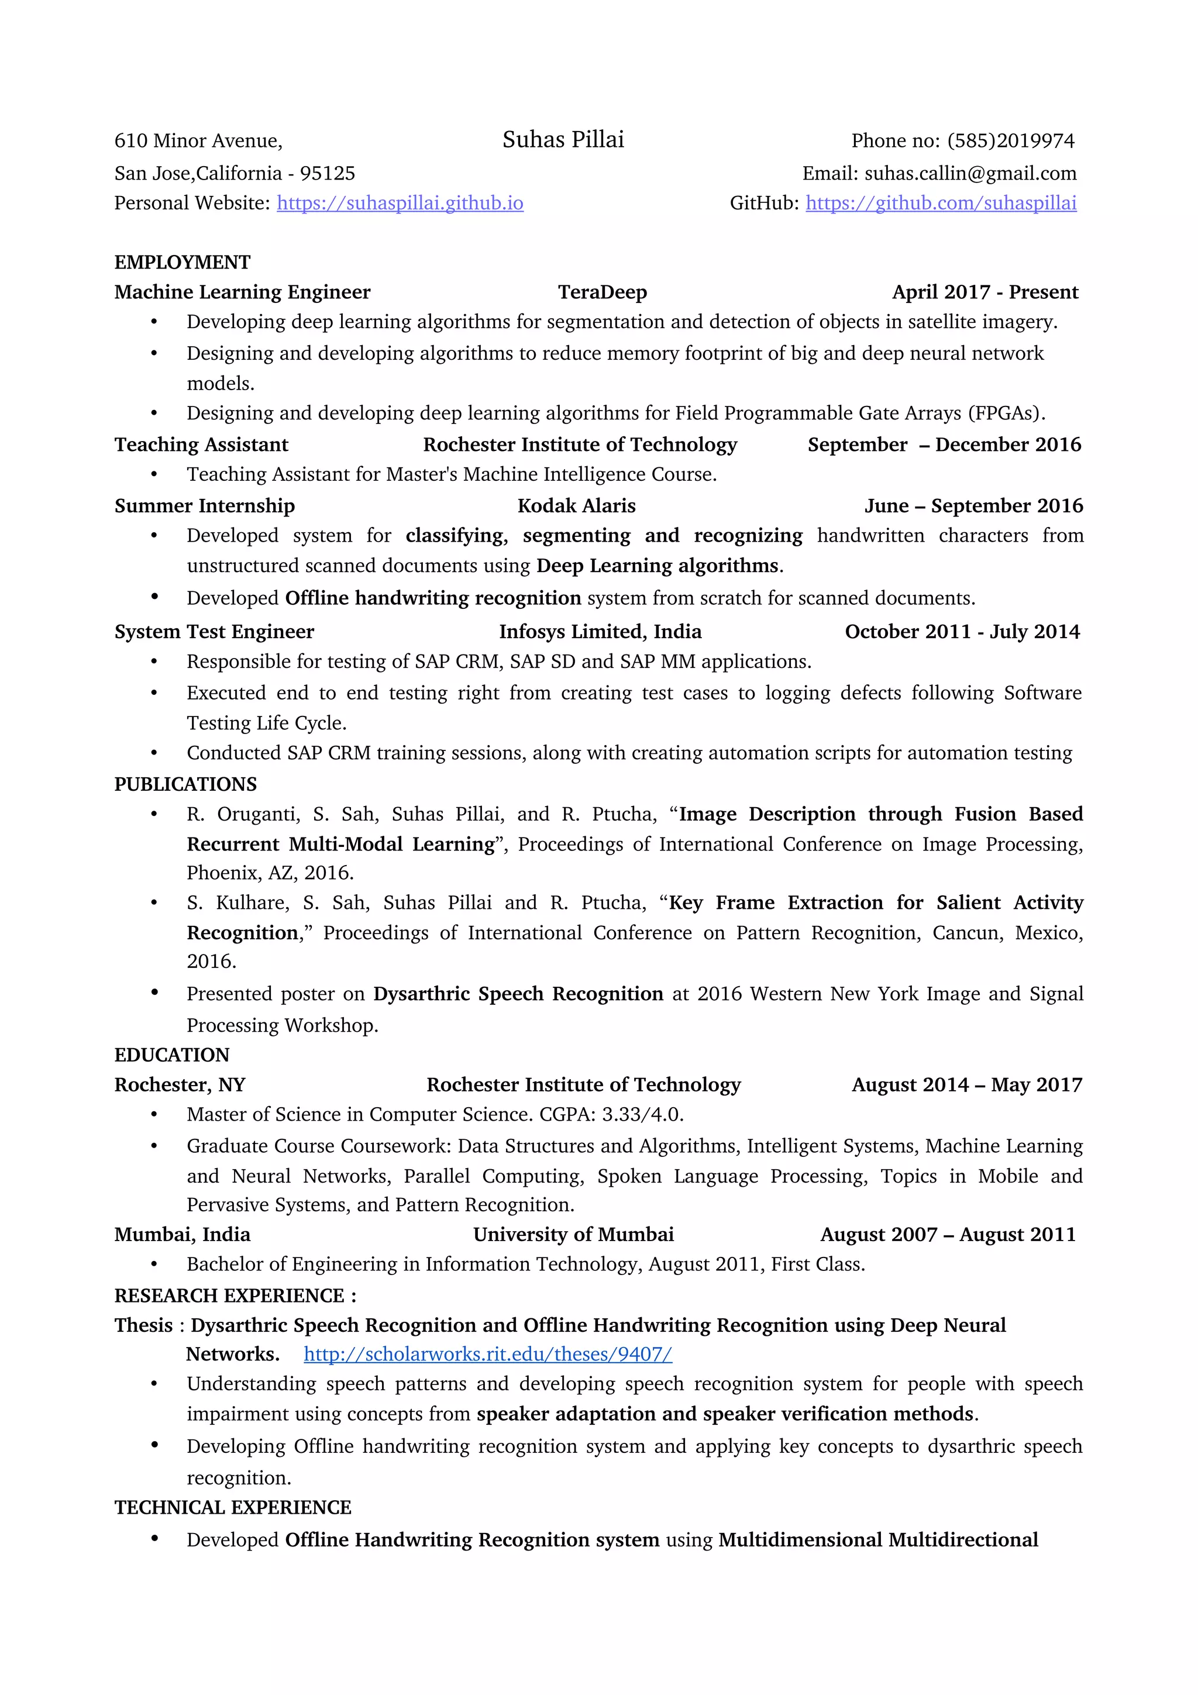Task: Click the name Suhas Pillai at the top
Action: [563, 140]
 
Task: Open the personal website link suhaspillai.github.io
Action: [400, 203]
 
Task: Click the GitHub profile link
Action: [941, 203]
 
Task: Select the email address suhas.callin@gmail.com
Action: [970, 174]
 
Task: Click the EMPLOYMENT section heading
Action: [183, 262]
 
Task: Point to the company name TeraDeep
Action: [603, 292]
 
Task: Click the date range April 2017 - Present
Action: [984, 292]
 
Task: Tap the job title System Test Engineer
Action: [214, 632]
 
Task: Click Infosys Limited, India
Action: [600, 632]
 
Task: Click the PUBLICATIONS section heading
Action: [185, 784]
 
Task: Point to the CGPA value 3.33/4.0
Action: [642, 1114]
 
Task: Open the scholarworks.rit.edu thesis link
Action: [487, 1354]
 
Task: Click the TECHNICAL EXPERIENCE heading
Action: [232, 1507]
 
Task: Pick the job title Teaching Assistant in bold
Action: [201, 445]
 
